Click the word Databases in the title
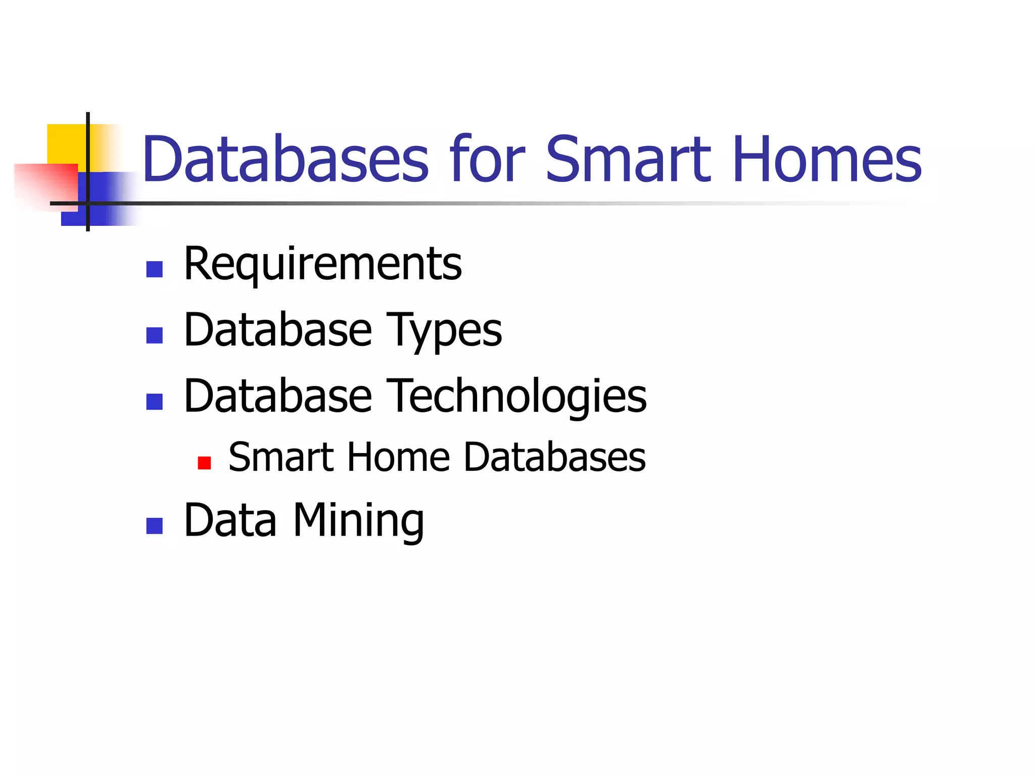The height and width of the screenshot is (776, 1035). point(286,159)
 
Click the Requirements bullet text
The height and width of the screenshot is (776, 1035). point(323,264)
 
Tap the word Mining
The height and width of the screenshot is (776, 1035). point(359,521)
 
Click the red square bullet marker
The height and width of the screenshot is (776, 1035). point(204,463)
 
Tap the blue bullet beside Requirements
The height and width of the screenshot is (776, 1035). point(154,269)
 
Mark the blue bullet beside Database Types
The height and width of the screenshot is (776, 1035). point(154,335)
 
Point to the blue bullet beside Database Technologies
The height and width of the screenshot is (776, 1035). point(154,402)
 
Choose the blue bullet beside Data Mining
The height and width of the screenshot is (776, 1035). point(154,526)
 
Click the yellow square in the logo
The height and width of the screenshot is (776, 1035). point(66,143)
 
